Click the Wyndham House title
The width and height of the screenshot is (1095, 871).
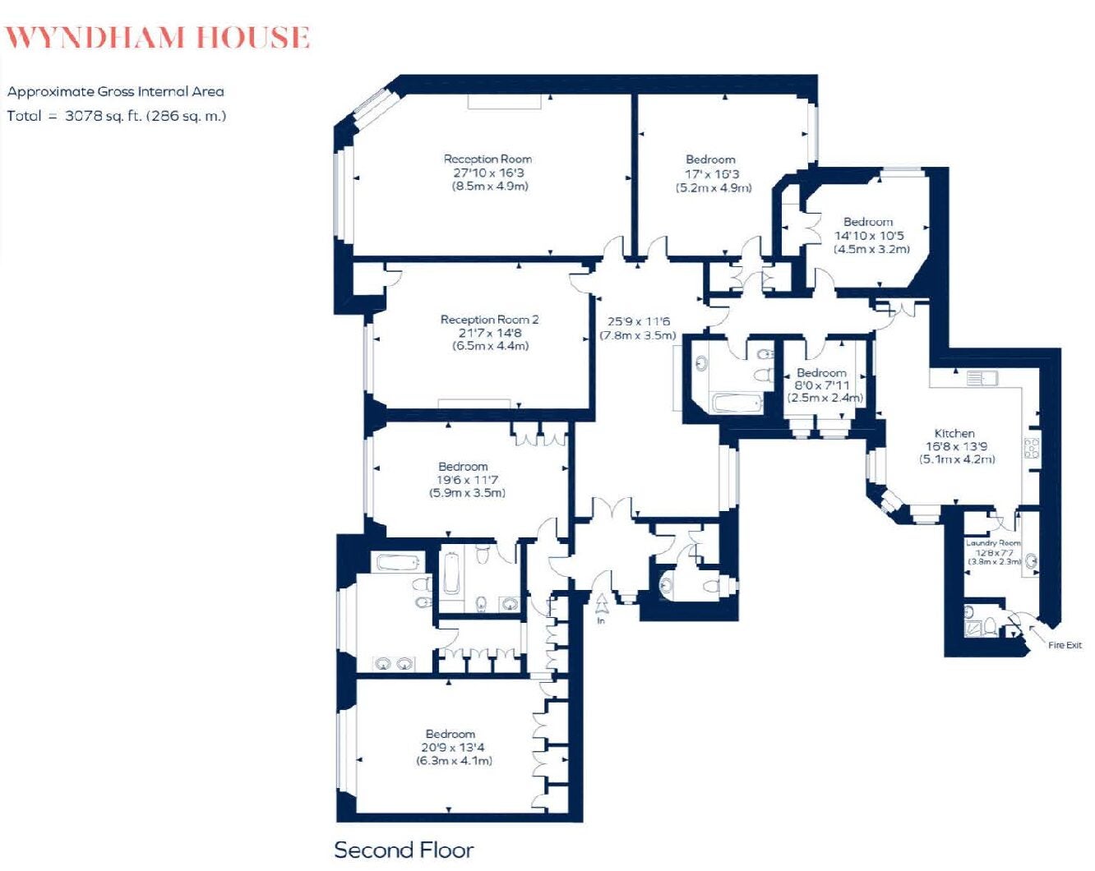click(157, 38)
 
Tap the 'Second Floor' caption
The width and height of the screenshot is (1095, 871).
click(404, 850)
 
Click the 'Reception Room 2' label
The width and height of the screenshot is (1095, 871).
click(489, 320)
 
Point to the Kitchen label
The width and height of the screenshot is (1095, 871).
click(954, 434)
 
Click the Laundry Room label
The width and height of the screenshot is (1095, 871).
click(993, 543)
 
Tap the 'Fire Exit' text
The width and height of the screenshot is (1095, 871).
click(1065, 645)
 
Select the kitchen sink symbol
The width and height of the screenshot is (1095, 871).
click(982, 377)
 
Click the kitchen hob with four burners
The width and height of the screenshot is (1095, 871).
click(1032, 449)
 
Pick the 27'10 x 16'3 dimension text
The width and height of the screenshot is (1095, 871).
click(488, 173)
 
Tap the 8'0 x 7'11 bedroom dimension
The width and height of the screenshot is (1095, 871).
click(822, 385)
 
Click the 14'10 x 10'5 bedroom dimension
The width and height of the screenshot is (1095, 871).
click(869, 236)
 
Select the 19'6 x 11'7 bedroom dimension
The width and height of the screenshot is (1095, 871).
click(467, 479)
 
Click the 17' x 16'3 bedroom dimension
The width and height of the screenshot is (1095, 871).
click(711, 174)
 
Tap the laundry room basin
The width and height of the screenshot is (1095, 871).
click(1032, 560)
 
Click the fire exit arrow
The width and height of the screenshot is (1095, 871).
click(1037, 633)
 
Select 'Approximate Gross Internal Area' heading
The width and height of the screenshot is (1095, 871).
click(116, 91)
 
